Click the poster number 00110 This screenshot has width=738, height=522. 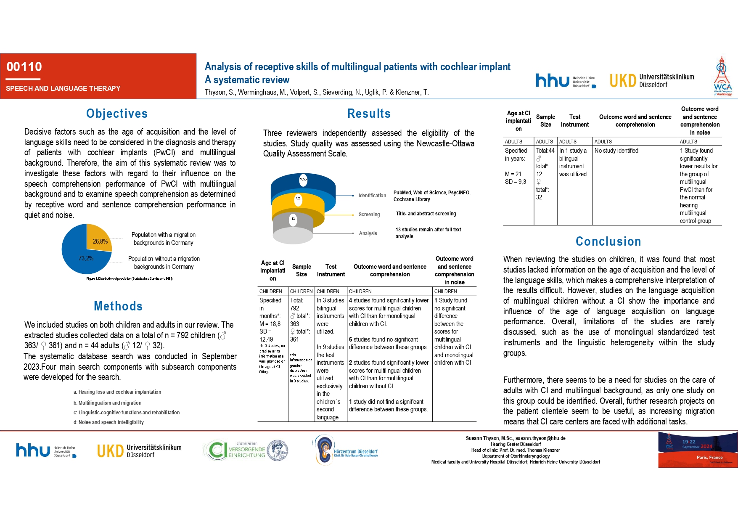pyautogui.click(x=24, y=67)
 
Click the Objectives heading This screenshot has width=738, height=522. pyautogui.click(x=117, y=114)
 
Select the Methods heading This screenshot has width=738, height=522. pyautogui.click(x=118, y=306)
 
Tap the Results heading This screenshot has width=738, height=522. pyautogui.click(x=369, y=114)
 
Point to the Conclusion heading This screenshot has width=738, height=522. pyautogui.click(x=608, y=241)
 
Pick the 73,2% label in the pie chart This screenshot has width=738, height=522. pyautogui.click(x=86, y=258)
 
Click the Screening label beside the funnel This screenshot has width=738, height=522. pyautogui.click(x=369, y=215)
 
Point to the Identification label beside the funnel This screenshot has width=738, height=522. pyautogui.click(x=372, y=196)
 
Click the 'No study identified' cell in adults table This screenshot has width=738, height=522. pyautogui.click(x=616, y=151)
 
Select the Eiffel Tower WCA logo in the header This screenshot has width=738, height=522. pyautogui.click(x=722, y=76)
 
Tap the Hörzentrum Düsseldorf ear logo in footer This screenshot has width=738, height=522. pyautogui.click(x=324, y=450)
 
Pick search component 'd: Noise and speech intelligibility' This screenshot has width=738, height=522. pyautogui.click(x=108, y=422)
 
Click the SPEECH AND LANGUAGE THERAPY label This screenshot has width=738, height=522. pyautogui.click(x=63, y=88)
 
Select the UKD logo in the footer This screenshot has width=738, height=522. pyautogui.click(x=139, y=451)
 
